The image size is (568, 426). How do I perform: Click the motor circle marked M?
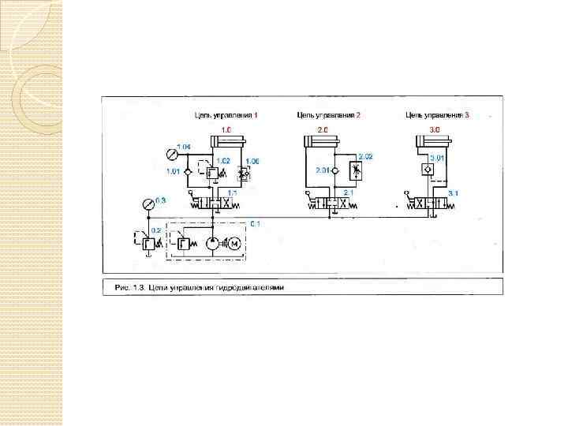point(235,245)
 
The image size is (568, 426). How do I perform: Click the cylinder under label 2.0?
point(321,142)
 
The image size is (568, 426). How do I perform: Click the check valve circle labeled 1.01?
point(188,171)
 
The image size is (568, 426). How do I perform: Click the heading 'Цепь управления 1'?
point(226,115)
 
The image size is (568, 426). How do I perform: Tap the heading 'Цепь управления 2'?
point(328,115)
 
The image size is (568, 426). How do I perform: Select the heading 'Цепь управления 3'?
point(437,115)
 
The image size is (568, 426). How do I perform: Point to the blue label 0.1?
point(256,224)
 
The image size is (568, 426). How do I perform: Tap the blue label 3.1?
point(453,193)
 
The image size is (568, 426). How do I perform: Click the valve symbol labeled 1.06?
point(245,172)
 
